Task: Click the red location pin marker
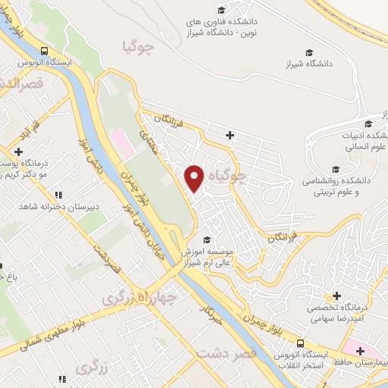[x=195, y=177]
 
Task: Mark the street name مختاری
[x=151, y=143]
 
